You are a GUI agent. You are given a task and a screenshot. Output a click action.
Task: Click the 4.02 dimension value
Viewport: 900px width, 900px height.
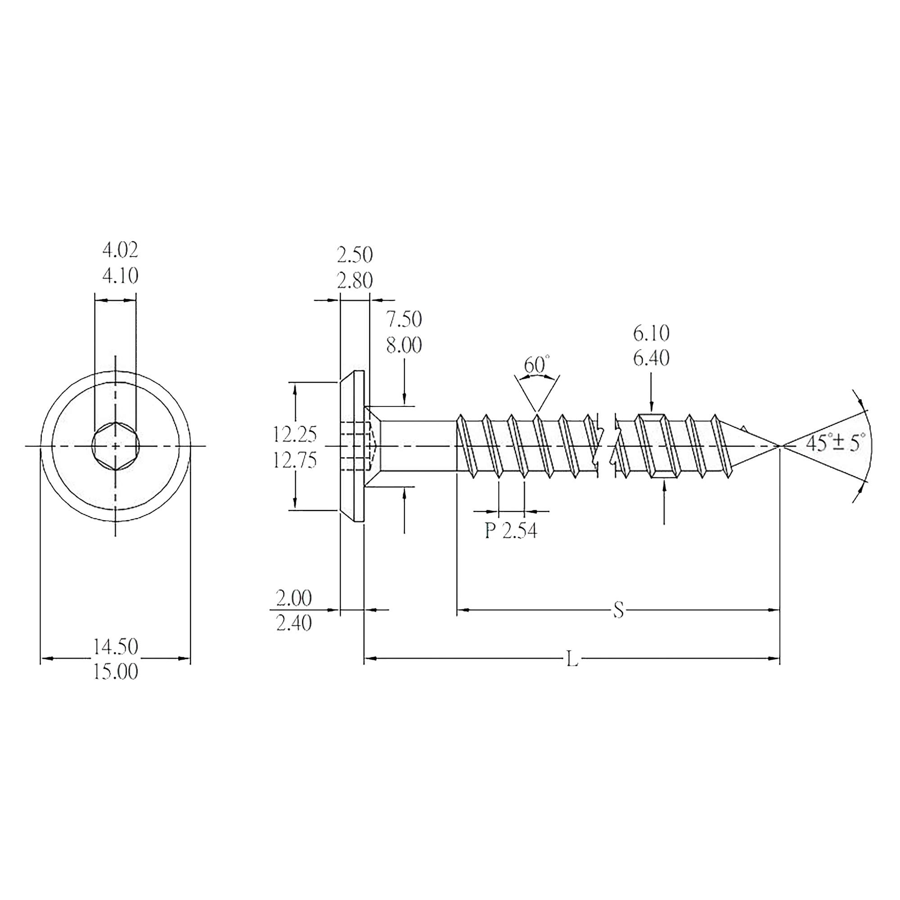(x=120, y=251)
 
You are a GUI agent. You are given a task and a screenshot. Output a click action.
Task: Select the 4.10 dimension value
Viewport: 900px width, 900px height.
(x=120, y=276)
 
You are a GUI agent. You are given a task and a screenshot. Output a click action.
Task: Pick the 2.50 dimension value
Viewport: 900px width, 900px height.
(x=355, y=255)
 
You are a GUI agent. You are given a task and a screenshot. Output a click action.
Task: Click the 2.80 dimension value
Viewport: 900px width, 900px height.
(x=355, y=281)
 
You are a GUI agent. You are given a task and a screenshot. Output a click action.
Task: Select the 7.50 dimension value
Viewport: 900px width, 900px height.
(x=404, y=319)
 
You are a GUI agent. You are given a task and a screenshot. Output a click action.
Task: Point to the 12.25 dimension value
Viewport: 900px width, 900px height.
(x=294, y=435)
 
